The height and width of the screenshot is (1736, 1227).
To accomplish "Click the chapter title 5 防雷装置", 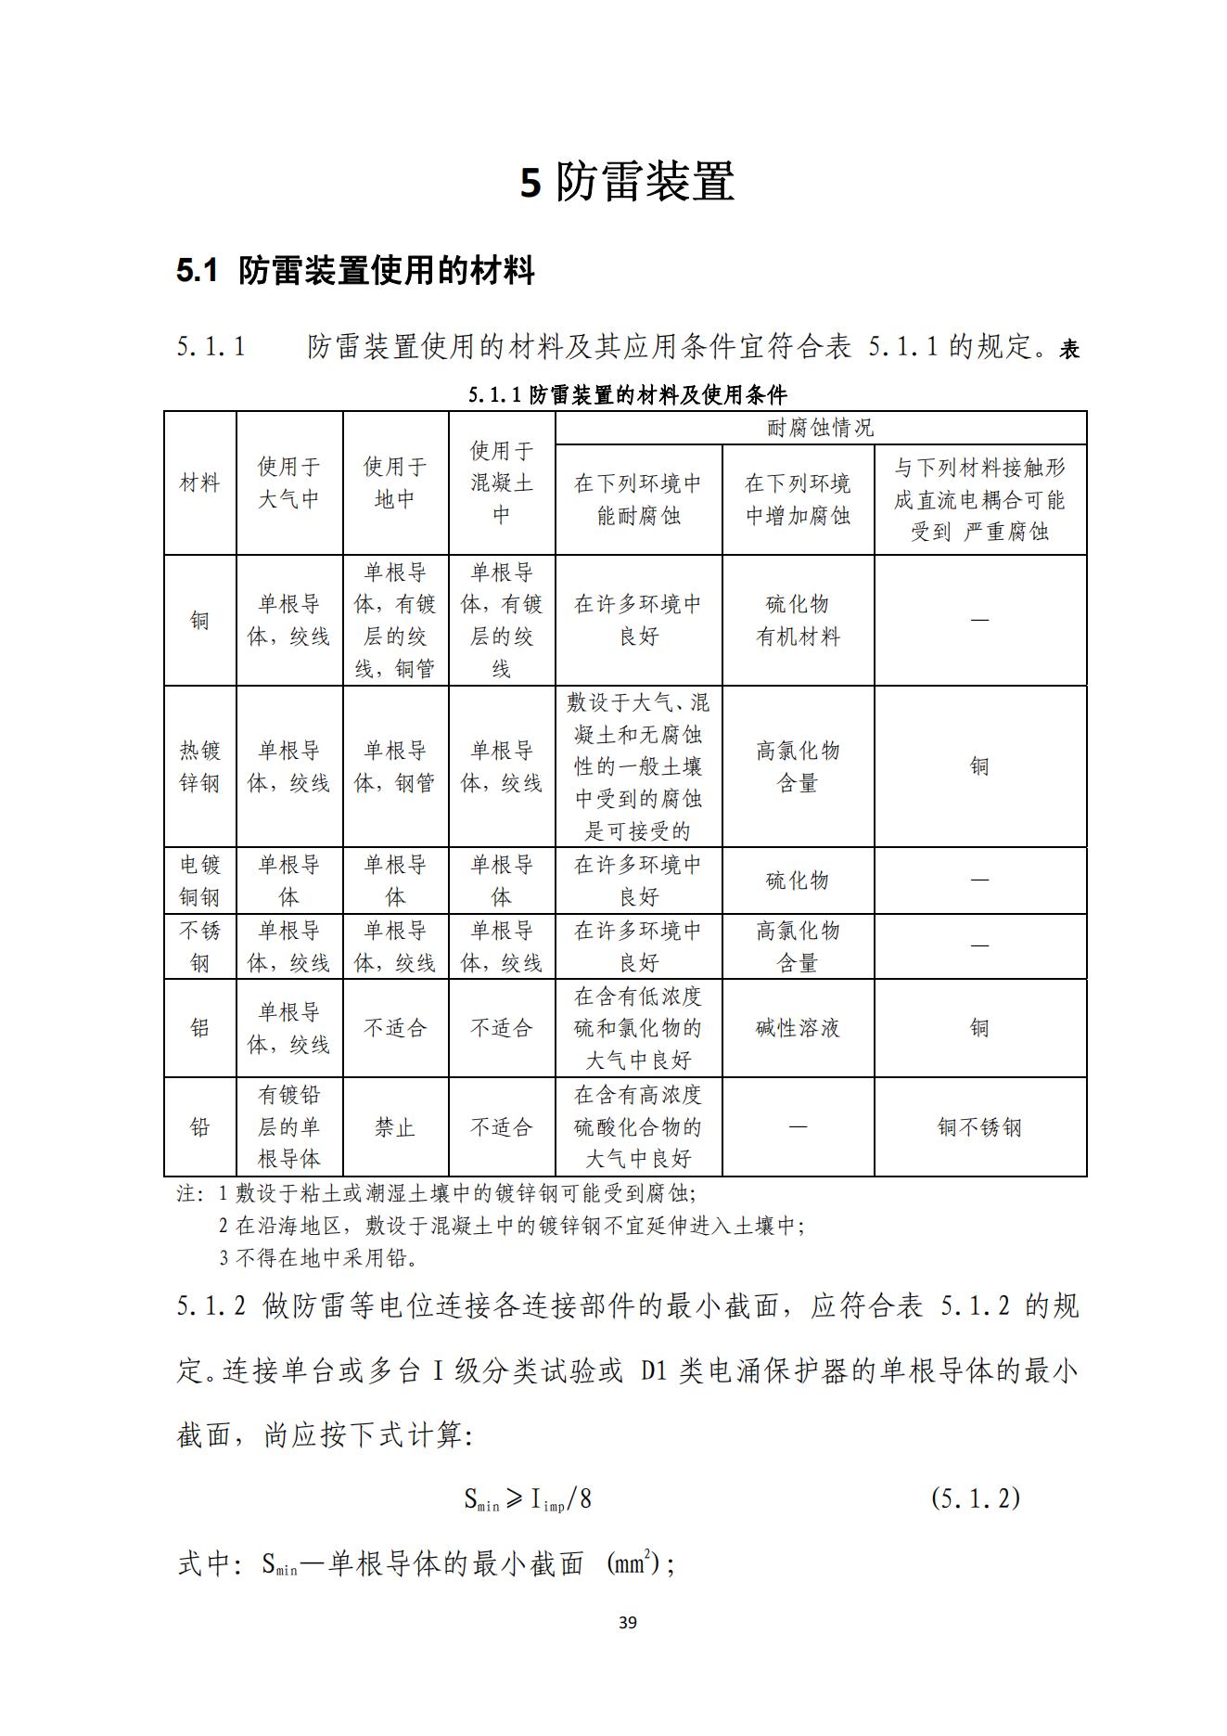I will click(x=627, y=182).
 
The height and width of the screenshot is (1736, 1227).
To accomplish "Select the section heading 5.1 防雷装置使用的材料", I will click(x=355, y=271).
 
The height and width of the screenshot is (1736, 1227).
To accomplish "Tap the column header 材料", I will click(x=199, y=483).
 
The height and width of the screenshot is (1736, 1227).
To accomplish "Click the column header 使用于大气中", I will click(x=288, y=483).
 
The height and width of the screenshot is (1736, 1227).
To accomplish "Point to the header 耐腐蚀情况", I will click(x=820, y=428).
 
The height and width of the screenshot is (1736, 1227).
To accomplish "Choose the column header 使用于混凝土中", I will click(x=501, y=483).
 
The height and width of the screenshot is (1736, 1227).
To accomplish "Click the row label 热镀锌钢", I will click(x=199, y=766).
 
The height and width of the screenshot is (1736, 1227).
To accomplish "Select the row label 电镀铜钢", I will click(x=199, y=881).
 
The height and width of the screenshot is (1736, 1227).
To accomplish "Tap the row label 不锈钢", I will click(x=199, y=946).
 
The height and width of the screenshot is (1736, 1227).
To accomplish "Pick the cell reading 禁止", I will click(x=395, y=1127).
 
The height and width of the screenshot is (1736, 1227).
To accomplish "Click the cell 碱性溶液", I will click(x=798, y=1028).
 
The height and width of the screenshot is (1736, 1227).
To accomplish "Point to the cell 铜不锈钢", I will click(x=979, y=1127).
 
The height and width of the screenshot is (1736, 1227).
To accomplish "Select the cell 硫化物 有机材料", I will click(x=798, y=621).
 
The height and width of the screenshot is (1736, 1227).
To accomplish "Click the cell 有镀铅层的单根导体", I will click(x=288, y=1127).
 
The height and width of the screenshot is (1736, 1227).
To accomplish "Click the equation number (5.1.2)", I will click(x=975, y=1498).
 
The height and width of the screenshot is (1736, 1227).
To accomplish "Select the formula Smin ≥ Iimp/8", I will click(x=527, y=1498).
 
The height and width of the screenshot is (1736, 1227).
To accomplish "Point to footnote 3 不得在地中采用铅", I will click(x=318, y=1258).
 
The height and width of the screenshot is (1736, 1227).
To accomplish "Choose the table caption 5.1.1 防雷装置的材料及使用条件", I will click(x=627, y=395).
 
